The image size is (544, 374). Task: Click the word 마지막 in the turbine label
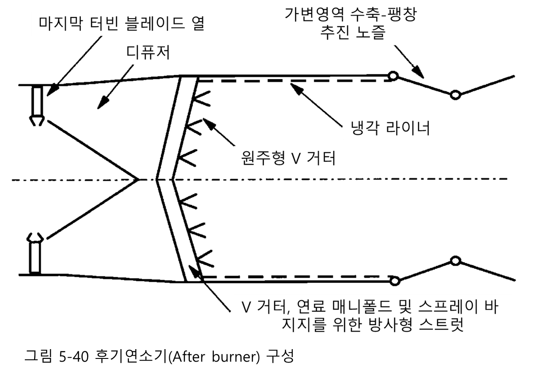[x=60, y=24]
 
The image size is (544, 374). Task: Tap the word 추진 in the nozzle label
[x=333, y=33]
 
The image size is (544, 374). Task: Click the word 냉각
[x=364, y=128]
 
